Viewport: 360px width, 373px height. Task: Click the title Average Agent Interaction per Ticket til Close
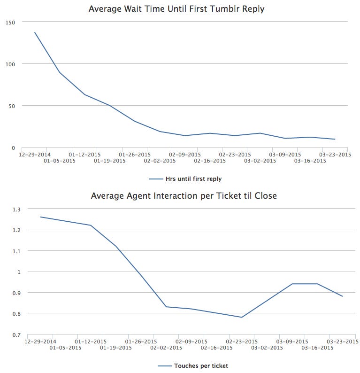(x=184, y=195)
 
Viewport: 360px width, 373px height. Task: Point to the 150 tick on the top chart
(x=10, y=22)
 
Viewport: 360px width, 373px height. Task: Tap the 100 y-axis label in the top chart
(x=10, y=64)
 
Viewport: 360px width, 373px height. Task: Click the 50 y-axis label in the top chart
(x=12, y=106)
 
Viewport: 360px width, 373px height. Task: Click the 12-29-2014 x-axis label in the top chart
(x=35, y=154)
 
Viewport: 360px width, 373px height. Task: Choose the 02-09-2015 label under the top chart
(x=185, y=154)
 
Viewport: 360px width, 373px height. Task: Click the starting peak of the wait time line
(x=35, y=32)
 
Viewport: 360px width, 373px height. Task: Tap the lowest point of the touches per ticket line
(x=242, y=317)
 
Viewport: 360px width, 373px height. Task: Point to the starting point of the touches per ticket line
(x=40, y=217)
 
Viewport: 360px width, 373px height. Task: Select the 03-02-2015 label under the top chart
(x=260, y=161)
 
